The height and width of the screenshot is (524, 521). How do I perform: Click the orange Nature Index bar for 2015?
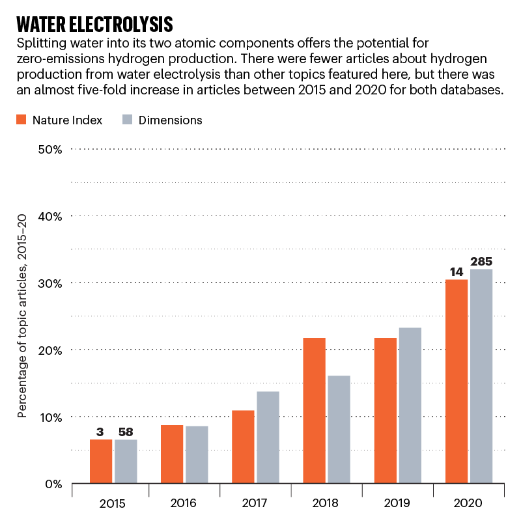point(101,462)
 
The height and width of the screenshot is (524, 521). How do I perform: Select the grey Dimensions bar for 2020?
point(481,376)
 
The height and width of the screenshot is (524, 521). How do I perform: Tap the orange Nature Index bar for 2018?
point(314,411)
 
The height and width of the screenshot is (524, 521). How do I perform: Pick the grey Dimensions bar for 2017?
point(268,437)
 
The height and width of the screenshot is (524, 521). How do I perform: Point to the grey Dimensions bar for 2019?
point(410,406)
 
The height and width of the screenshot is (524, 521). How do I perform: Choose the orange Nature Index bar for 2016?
point(172,454)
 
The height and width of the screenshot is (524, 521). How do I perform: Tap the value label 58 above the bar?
point(126,432)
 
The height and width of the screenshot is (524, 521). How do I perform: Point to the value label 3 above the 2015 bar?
point(101,432)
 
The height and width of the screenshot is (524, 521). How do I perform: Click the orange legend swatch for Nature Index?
point(21,120)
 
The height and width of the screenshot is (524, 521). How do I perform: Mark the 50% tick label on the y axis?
point(49,149)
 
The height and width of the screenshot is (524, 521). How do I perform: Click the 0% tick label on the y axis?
point(52,484)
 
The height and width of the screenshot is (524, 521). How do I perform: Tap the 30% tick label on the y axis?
point(49,283)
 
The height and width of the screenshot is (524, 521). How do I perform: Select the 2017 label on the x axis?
point(255,503)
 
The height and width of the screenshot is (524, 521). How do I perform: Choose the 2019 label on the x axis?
point(397,503)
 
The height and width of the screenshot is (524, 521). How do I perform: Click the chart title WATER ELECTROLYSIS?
point(94,25)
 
